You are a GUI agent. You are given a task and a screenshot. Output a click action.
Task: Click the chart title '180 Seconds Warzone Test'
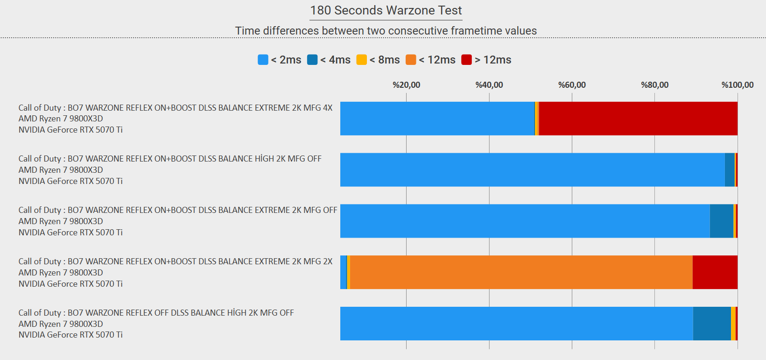click(386, 10)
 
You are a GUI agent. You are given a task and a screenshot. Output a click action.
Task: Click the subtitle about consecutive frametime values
click(386, 31)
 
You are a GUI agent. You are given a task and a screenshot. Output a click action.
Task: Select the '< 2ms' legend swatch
click(263, 60)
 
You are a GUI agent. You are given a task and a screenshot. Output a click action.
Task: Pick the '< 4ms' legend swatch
click(312, 60)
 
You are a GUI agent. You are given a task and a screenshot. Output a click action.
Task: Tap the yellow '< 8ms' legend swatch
click(361, 60)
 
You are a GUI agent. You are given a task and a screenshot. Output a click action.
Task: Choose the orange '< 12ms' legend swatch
click(411, 60)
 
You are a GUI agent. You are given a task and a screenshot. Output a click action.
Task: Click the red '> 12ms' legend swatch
click(466, 60)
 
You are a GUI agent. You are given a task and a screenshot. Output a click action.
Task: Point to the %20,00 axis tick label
click(406, 85)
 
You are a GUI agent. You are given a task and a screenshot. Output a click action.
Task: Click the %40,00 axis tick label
click(489, 85)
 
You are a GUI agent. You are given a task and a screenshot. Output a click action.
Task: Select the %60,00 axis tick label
click(572, 85)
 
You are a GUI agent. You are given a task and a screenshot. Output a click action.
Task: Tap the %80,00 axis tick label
click(654, 85)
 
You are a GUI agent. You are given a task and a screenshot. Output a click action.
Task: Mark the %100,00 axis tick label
click(737, 85)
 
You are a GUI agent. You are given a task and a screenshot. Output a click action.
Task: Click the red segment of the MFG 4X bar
click(638, 119)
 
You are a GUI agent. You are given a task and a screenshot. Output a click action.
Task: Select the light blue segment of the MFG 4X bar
click(437, 119)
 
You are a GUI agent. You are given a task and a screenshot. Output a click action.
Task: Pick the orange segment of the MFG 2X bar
click(521, 272)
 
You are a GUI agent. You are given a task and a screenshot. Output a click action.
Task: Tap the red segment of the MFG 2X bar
click(715, 272)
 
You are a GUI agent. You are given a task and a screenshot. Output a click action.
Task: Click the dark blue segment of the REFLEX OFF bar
click(712, 324)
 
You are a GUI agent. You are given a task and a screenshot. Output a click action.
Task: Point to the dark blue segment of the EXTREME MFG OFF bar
click(722, 221)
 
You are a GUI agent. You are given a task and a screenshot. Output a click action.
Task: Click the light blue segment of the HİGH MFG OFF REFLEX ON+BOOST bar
click(533, 170)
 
